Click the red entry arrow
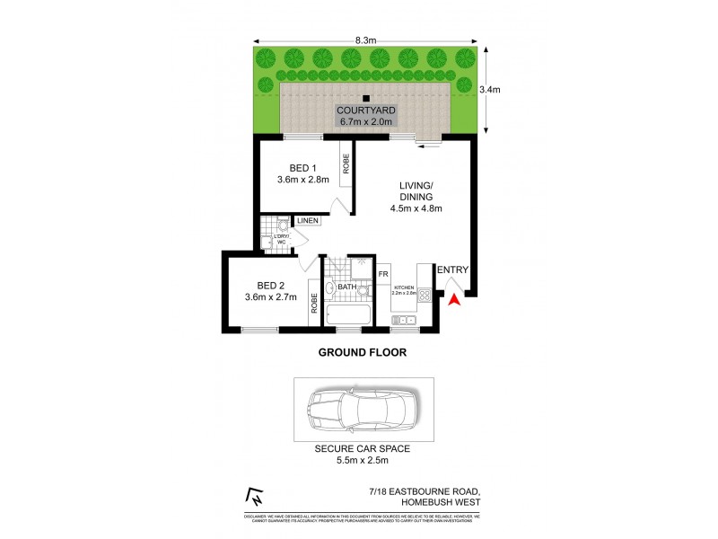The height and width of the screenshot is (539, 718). coord(454,302)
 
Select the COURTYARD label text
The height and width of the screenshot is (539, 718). coord(366,110)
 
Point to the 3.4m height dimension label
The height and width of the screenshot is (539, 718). coord(489,89)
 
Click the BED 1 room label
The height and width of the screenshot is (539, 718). coord(302,168)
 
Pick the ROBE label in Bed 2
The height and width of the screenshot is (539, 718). coord(314,304)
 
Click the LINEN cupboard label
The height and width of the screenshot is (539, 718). coord(308,221)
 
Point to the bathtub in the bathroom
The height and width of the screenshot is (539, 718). coord(347,317)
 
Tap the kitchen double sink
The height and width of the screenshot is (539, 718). coord(403,320)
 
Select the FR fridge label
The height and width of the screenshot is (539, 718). coord(382,274)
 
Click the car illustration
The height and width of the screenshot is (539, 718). coord(363,411)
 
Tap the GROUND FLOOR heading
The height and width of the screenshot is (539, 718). coord(363,353)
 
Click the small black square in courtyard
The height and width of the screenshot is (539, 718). coord(365,98)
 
